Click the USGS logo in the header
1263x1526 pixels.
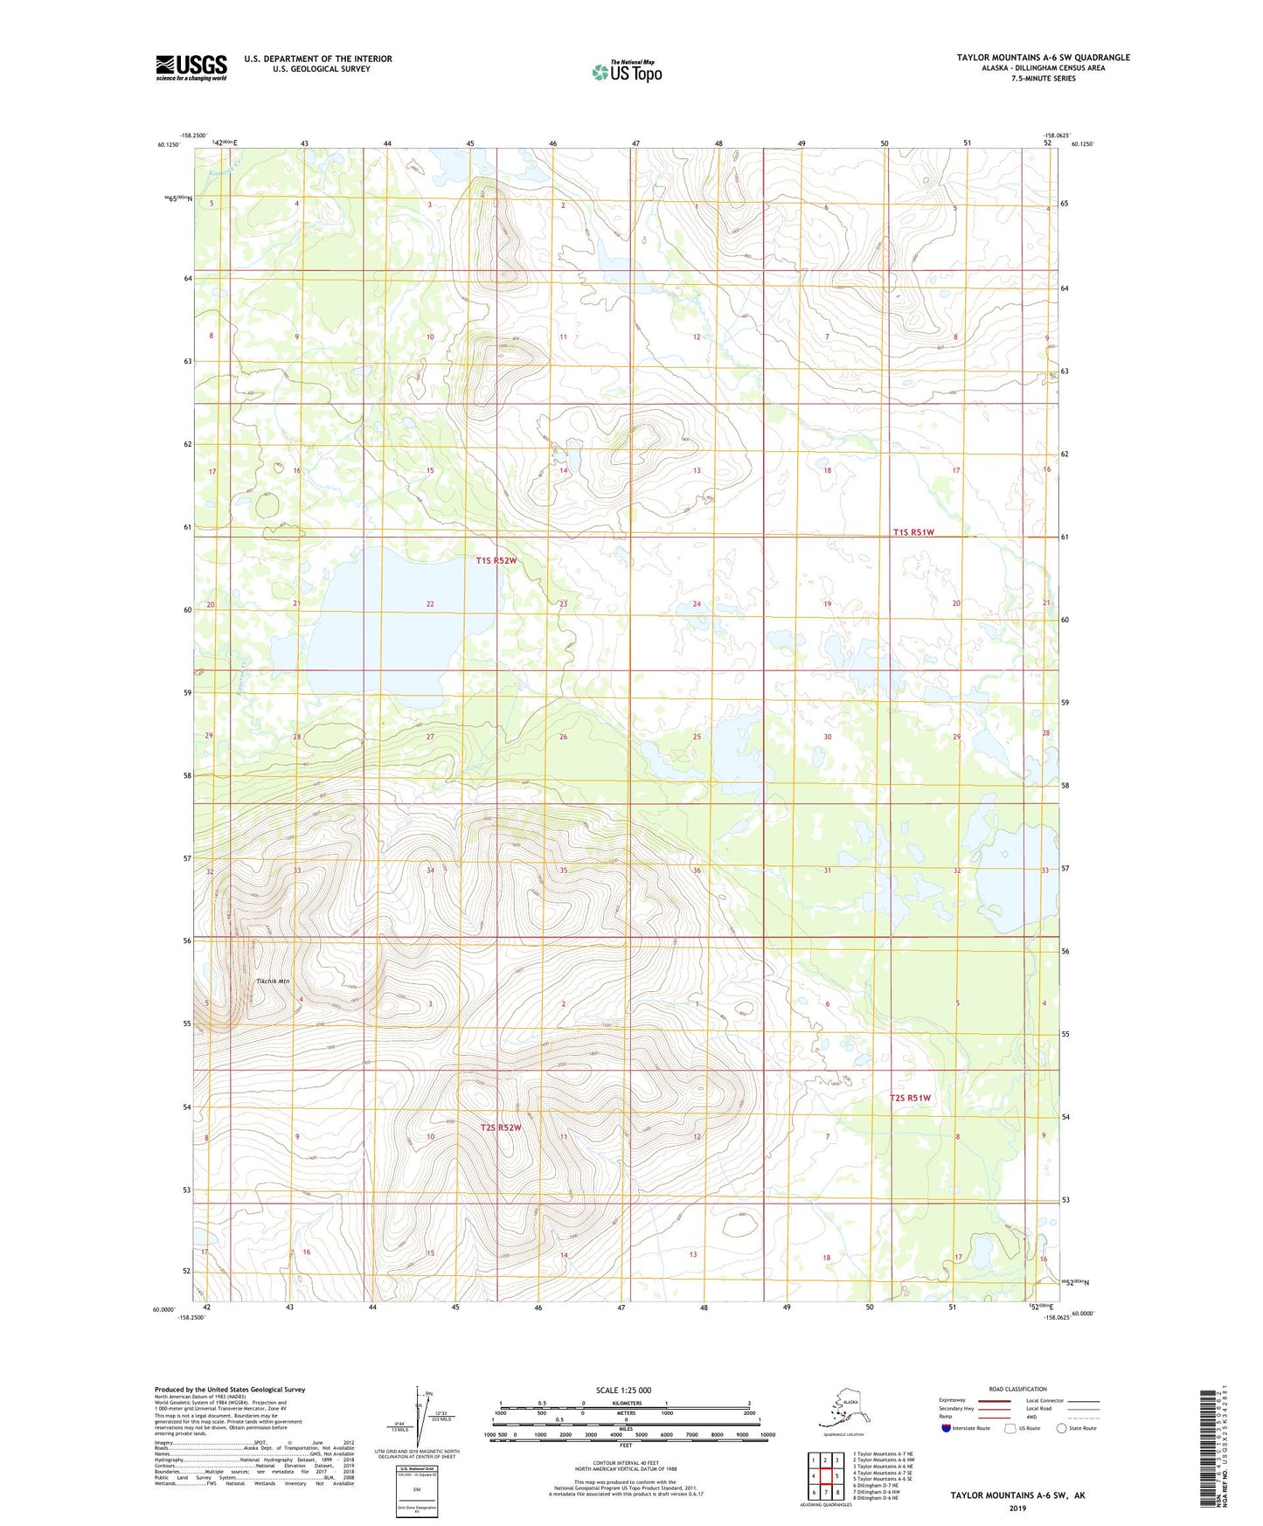[x=191, y=67]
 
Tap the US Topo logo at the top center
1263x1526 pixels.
[x=626, y=71]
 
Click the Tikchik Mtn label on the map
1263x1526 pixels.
[x=272, y=981]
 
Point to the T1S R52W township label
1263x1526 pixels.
[x=496, y=560]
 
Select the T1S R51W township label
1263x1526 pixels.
[x=913, y=532]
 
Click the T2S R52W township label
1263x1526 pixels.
[x=500, y=1127]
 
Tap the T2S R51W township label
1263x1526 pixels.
[x=910, y=1098]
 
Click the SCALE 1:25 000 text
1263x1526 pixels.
[x=625, y=1390]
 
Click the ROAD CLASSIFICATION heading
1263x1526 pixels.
[x=1017, y=1389]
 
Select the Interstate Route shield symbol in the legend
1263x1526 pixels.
[x=947, y=1428]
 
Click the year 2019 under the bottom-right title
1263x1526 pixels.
[x=1017, y=1508]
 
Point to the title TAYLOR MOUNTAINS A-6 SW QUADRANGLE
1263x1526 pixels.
[x=1043, y=58]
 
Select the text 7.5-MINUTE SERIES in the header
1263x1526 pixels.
[x=1043, y=79]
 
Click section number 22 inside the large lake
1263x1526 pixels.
[x=430, y=604]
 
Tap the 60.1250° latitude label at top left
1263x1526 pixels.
[x=168, y=144]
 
